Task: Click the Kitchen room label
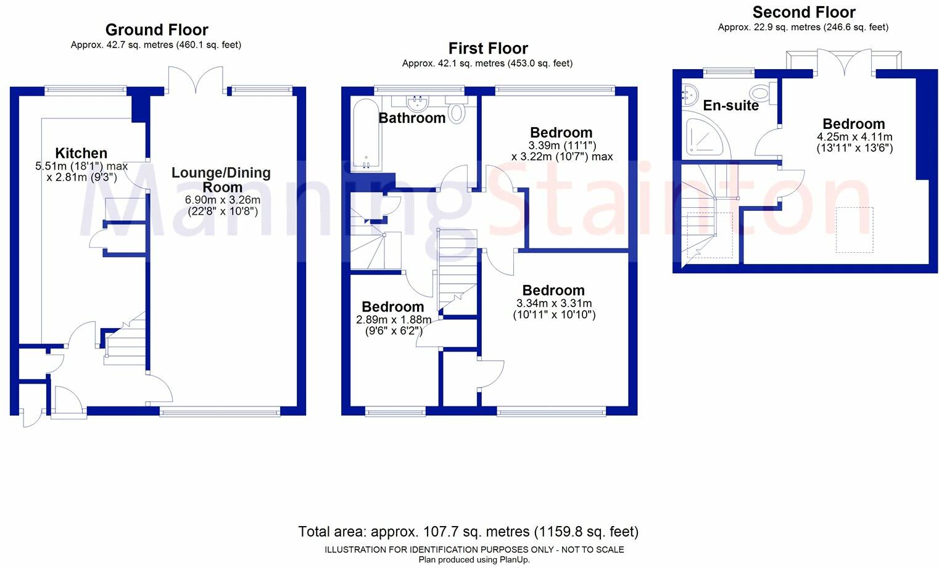(x=81, y=153)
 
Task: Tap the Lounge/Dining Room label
(x=221, y=179)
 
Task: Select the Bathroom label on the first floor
(x=412, y=118)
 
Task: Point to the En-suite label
(x=730, y=105)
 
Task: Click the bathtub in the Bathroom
(x=366, y=134)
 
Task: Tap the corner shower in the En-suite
(x=706, y=137)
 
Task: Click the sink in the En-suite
(x=690, y=95)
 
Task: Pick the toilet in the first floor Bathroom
(x=457, y=110)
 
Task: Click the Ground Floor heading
(x=157, y=30)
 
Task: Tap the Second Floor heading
(x=804, y=12)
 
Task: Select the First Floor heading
(x=488, y=48)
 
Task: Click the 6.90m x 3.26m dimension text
(x=223, y=200)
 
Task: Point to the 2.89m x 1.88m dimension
(x=394, y=320)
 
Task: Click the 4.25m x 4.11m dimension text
(x=854, y=137)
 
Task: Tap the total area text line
(x=468, y=532)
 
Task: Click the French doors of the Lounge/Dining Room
(x=196, y=80)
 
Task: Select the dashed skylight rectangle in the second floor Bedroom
(x=854, y=229)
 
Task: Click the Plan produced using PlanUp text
(x=474, y=559)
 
